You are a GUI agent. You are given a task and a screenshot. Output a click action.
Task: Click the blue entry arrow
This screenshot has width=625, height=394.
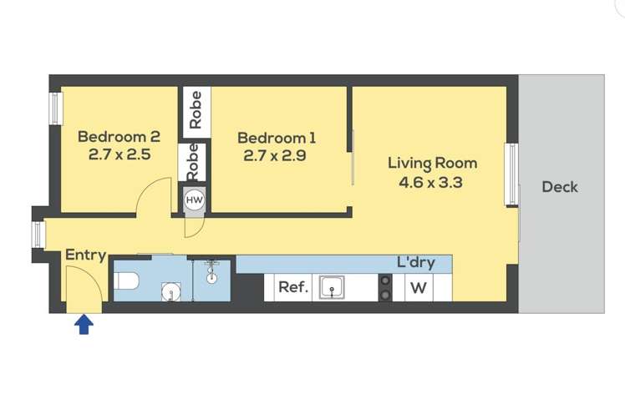(84, 324)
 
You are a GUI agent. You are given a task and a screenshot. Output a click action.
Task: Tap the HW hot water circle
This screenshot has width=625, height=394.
(195, 200)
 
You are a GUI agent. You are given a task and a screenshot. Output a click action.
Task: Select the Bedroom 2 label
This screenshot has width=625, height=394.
(119, 137)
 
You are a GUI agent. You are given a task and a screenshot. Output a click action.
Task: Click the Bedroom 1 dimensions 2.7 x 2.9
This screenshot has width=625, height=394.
(275, 155)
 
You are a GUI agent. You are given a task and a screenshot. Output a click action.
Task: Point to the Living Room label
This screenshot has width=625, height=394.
(433, 164)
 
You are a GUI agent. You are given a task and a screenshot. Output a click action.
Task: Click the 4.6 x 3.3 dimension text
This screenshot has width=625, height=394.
(430, 183)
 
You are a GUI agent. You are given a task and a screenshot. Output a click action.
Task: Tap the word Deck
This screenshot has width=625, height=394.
(560, 187)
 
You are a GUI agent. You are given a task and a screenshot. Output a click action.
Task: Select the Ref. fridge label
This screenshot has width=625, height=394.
(293, 287)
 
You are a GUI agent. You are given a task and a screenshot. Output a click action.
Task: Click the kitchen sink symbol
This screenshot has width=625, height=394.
(332, 287)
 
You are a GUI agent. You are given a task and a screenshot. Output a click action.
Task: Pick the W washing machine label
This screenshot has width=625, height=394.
(418, 288)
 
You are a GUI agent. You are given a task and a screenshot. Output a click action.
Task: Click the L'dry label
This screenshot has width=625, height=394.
(416, 263)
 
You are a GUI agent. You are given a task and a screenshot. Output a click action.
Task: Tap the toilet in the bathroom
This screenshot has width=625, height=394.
(126, 280)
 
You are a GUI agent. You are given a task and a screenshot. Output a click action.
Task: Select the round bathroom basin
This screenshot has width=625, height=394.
(171, 291)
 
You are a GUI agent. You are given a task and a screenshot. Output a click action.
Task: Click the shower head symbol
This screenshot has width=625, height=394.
(211, 272)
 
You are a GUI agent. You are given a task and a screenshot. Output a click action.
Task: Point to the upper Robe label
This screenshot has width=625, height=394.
(196, 110)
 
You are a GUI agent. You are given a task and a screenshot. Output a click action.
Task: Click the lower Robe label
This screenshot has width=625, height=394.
(192, 162)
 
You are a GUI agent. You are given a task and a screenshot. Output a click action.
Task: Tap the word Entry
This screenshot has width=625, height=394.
(86, 255)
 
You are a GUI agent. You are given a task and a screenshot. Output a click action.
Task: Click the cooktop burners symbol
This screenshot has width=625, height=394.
(385, 288)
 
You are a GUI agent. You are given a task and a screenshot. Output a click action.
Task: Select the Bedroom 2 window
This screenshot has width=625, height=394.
(55, 109)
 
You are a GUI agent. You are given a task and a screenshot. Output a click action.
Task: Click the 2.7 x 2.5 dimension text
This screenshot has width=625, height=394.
(119, 154)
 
